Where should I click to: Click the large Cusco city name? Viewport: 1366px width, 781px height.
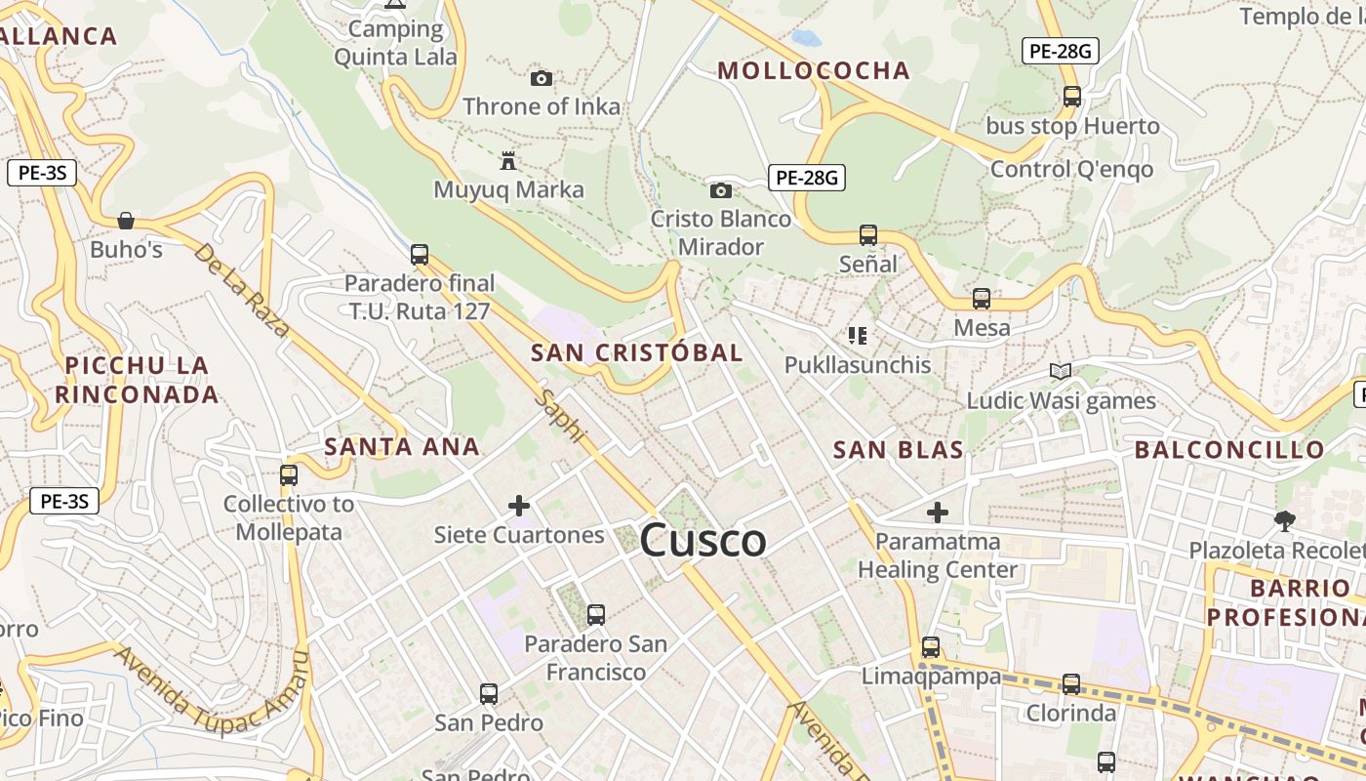[x=703, y=541]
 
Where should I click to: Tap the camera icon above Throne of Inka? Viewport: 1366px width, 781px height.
[x=542, y=78]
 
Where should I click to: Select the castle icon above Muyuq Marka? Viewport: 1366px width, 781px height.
[x=507, y=160]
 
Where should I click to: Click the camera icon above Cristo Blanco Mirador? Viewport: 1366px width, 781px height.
[x=721, y=190]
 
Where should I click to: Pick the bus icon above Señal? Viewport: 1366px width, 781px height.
[x=868, y=234]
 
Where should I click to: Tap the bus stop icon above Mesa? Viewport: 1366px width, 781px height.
[x=982, y=299]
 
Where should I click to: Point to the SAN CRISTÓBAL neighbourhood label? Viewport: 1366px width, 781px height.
[x=636, y=352]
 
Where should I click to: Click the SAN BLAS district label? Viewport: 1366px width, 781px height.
[x=898, y=450]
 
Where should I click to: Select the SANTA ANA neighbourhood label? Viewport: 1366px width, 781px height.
[x=401, y=447]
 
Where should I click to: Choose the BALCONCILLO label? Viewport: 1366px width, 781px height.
[x=1229, y=450]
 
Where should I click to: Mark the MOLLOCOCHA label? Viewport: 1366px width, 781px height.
[x=813, y=70]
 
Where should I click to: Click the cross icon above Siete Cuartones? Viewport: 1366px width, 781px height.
[x=519, y=506]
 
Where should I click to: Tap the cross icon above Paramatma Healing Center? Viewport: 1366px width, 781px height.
[x=938, y=512]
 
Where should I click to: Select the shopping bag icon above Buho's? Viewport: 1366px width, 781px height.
[x=126, y=221]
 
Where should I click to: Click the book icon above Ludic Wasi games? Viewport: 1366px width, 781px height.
[x=1061, y=371]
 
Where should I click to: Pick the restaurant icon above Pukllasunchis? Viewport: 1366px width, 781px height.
[x=858, y=336]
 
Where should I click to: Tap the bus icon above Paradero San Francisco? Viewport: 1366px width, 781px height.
[x=596, y=615]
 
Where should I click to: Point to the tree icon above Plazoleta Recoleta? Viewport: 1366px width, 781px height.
[x=1285, y=521]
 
